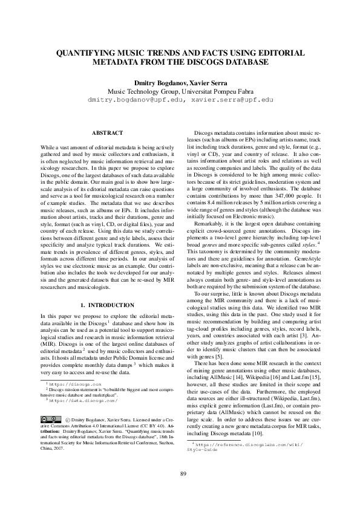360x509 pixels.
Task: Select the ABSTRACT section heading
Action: coord(107,132)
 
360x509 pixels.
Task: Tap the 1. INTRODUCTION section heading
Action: coord(107,305)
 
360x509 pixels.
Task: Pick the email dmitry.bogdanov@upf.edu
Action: coord(134,99)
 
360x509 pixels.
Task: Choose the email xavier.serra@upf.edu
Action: coord(229,99)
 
